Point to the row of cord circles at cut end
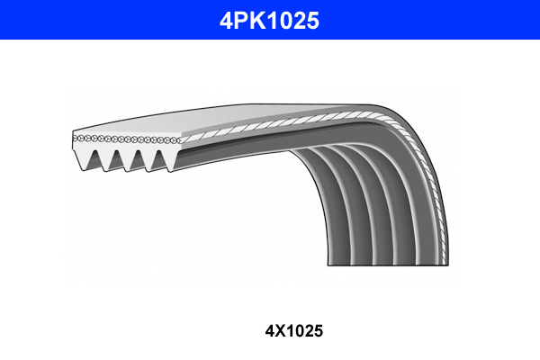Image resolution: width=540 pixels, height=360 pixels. [126, 139]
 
